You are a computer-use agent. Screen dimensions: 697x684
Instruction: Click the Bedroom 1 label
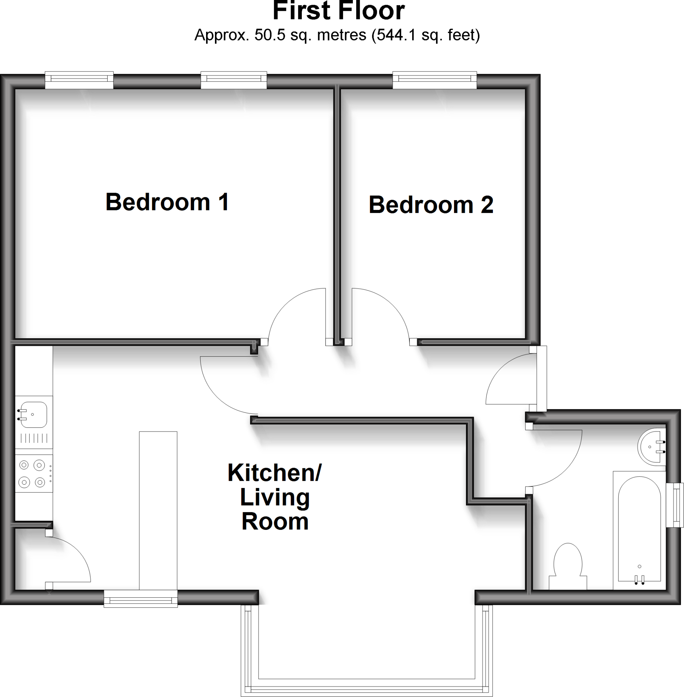(x=167, y=202)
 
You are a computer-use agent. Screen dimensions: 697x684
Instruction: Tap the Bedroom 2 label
(x=431, y=205)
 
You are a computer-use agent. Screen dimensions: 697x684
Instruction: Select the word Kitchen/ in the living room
(x=275, y=473)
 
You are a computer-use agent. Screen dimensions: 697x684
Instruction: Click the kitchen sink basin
(x=34, y=415)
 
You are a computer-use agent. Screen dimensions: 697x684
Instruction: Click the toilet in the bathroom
(x=568, y=567)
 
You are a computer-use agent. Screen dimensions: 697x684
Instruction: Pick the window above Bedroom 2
(x=434, y=79)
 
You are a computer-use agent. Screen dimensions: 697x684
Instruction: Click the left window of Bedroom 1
(x=79, y=79)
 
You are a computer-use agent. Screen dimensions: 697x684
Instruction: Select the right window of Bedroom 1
(x=234, y=79)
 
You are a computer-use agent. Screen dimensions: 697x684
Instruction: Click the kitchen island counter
(x=158, y=510)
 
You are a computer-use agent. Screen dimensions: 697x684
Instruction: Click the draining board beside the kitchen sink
(x=34, y=438)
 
